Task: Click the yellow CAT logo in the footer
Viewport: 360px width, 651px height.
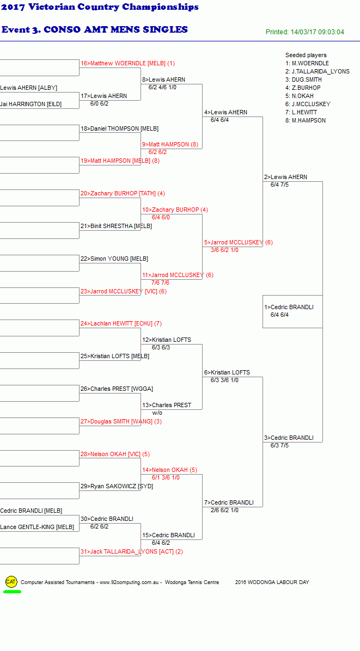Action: (x=11, y=582)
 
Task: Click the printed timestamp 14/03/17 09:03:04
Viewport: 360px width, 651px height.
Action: (x=317, y=32)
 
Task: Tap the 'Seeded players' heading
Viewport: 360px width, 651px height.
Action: (x=306, y=55)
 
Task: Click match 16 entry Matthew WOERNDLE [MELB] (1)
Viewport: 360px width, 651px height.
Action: (x=128, y=64)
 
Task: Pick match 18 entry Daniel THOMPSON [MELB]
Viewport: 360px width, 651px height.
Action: (x=120, y=128)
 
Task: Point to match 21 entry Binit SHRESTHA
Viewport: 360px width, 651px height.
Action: (x=116, y=226)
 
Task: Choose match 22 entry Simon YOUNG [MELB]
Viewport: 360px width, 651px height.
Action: (x=114, y=259)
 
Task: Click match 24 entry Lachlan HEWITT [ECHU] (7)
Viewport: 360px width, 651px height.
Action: (x=121, y=323)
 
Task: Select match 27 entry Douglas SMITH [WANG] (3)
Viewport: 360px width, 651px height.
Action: (x=121, y=421)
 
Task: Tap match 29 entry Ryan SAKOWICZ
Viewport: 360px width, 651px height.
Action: (x=117, y=486)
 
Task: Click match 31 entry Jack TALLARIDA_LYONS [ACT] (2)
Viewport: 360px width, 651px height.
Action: (x=132, y=552)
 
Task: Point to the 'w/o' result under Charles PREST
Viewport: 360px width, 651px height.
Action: (x=157, y=413)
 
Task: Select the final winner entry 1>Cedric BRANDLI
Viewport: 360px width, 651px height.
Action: (x=289, y=307)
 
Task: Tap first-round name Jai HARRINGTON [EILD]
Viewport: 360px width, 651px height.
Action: (x=30, y=104)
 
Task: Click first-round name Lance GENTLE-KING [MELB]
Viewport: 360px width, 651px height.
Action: (x=37, y=527)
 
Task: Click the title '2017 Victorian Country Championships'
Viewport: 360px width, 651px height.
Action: (x=100, y=7)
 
